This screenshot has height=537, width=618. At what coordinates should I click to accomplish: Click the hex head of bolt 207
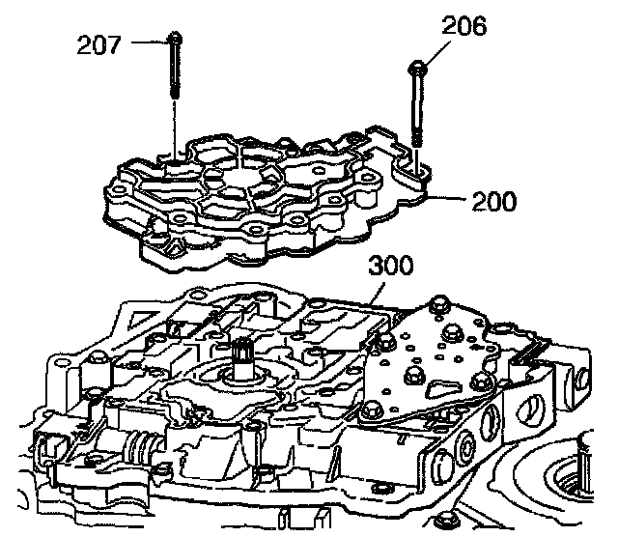coord(176,39)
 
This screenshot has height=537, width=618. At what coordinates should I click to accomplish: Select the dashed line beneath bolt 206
coord(418,155)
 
